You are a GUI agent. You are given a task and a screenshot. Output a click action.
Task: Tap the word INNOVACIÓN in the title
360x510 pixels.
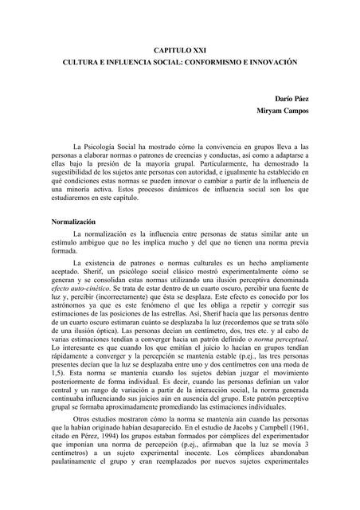pos(282,61)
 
